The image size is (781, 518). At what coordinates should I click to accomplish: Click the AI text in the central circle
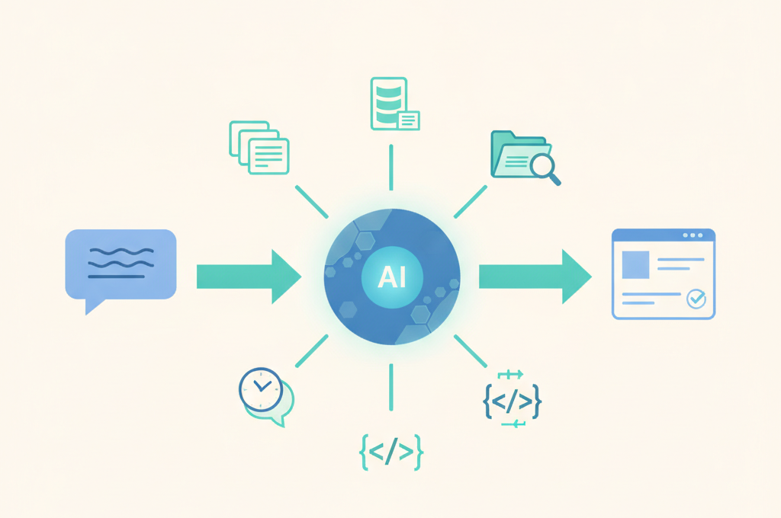pyautogui.click(x=391, y=277)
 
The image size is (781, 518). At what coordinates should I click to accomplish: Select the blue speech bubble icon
pyautogui.click(x=121, y=266)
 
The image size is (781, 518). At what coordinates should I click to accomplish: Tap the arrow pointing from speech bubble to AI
pyautogui.click(x=249, y=277)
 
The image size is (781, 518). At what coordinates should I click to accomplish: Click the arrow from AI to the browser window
pyautogui.click(x=535, y=277)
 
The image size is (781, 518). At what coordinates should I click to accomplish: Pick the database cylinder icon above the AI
pyautogui.click(x=389, y=103)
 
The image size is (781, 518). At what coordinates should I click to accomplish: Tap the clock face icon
pyautogui.click(x=261, y=388)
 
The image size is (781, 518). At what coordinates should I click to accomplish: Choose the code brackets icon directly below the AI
pyautogui.click(x=391, y=452)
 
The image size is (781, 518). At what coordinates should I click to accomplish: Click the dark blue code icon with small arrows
pyautogui.click(x=512, y=401)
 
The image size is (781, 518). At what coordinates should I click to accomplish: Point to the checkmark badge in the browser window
pyautogui.click(x=696, y=299)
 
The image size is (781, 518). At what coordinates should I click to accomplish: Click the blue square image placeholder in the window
pyautogui.click(x=635, y=265)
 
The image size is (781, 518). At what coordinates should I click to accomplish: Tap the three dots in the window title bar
pyautogui.click(x=693, y=235)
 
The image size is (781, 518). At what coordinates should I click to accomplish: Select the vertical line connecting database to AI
pyautogui.click(x=391, y=167)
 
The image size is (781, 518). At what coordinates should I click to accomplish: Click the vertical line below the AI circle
pyautogui.click(x=391, y=387)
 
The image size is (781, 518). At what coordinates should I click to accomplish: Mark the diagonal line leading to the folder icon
pyautogui.click(x=470, y=202)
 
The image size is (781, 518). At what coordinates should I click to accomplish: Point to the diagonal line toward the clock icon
pyautogui.click(x=312, y=351)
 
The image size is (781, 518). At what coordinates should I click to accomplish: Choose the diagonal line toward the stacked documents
pyautogui.click(x=312, y=202)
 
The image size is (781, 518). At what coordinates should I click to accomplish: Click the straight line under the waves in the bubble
pyautogui.click(x=116, y=277)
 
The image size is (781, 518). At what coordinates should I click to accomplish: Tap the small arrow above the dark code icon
pyautogui.click(x=510, y=374)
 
